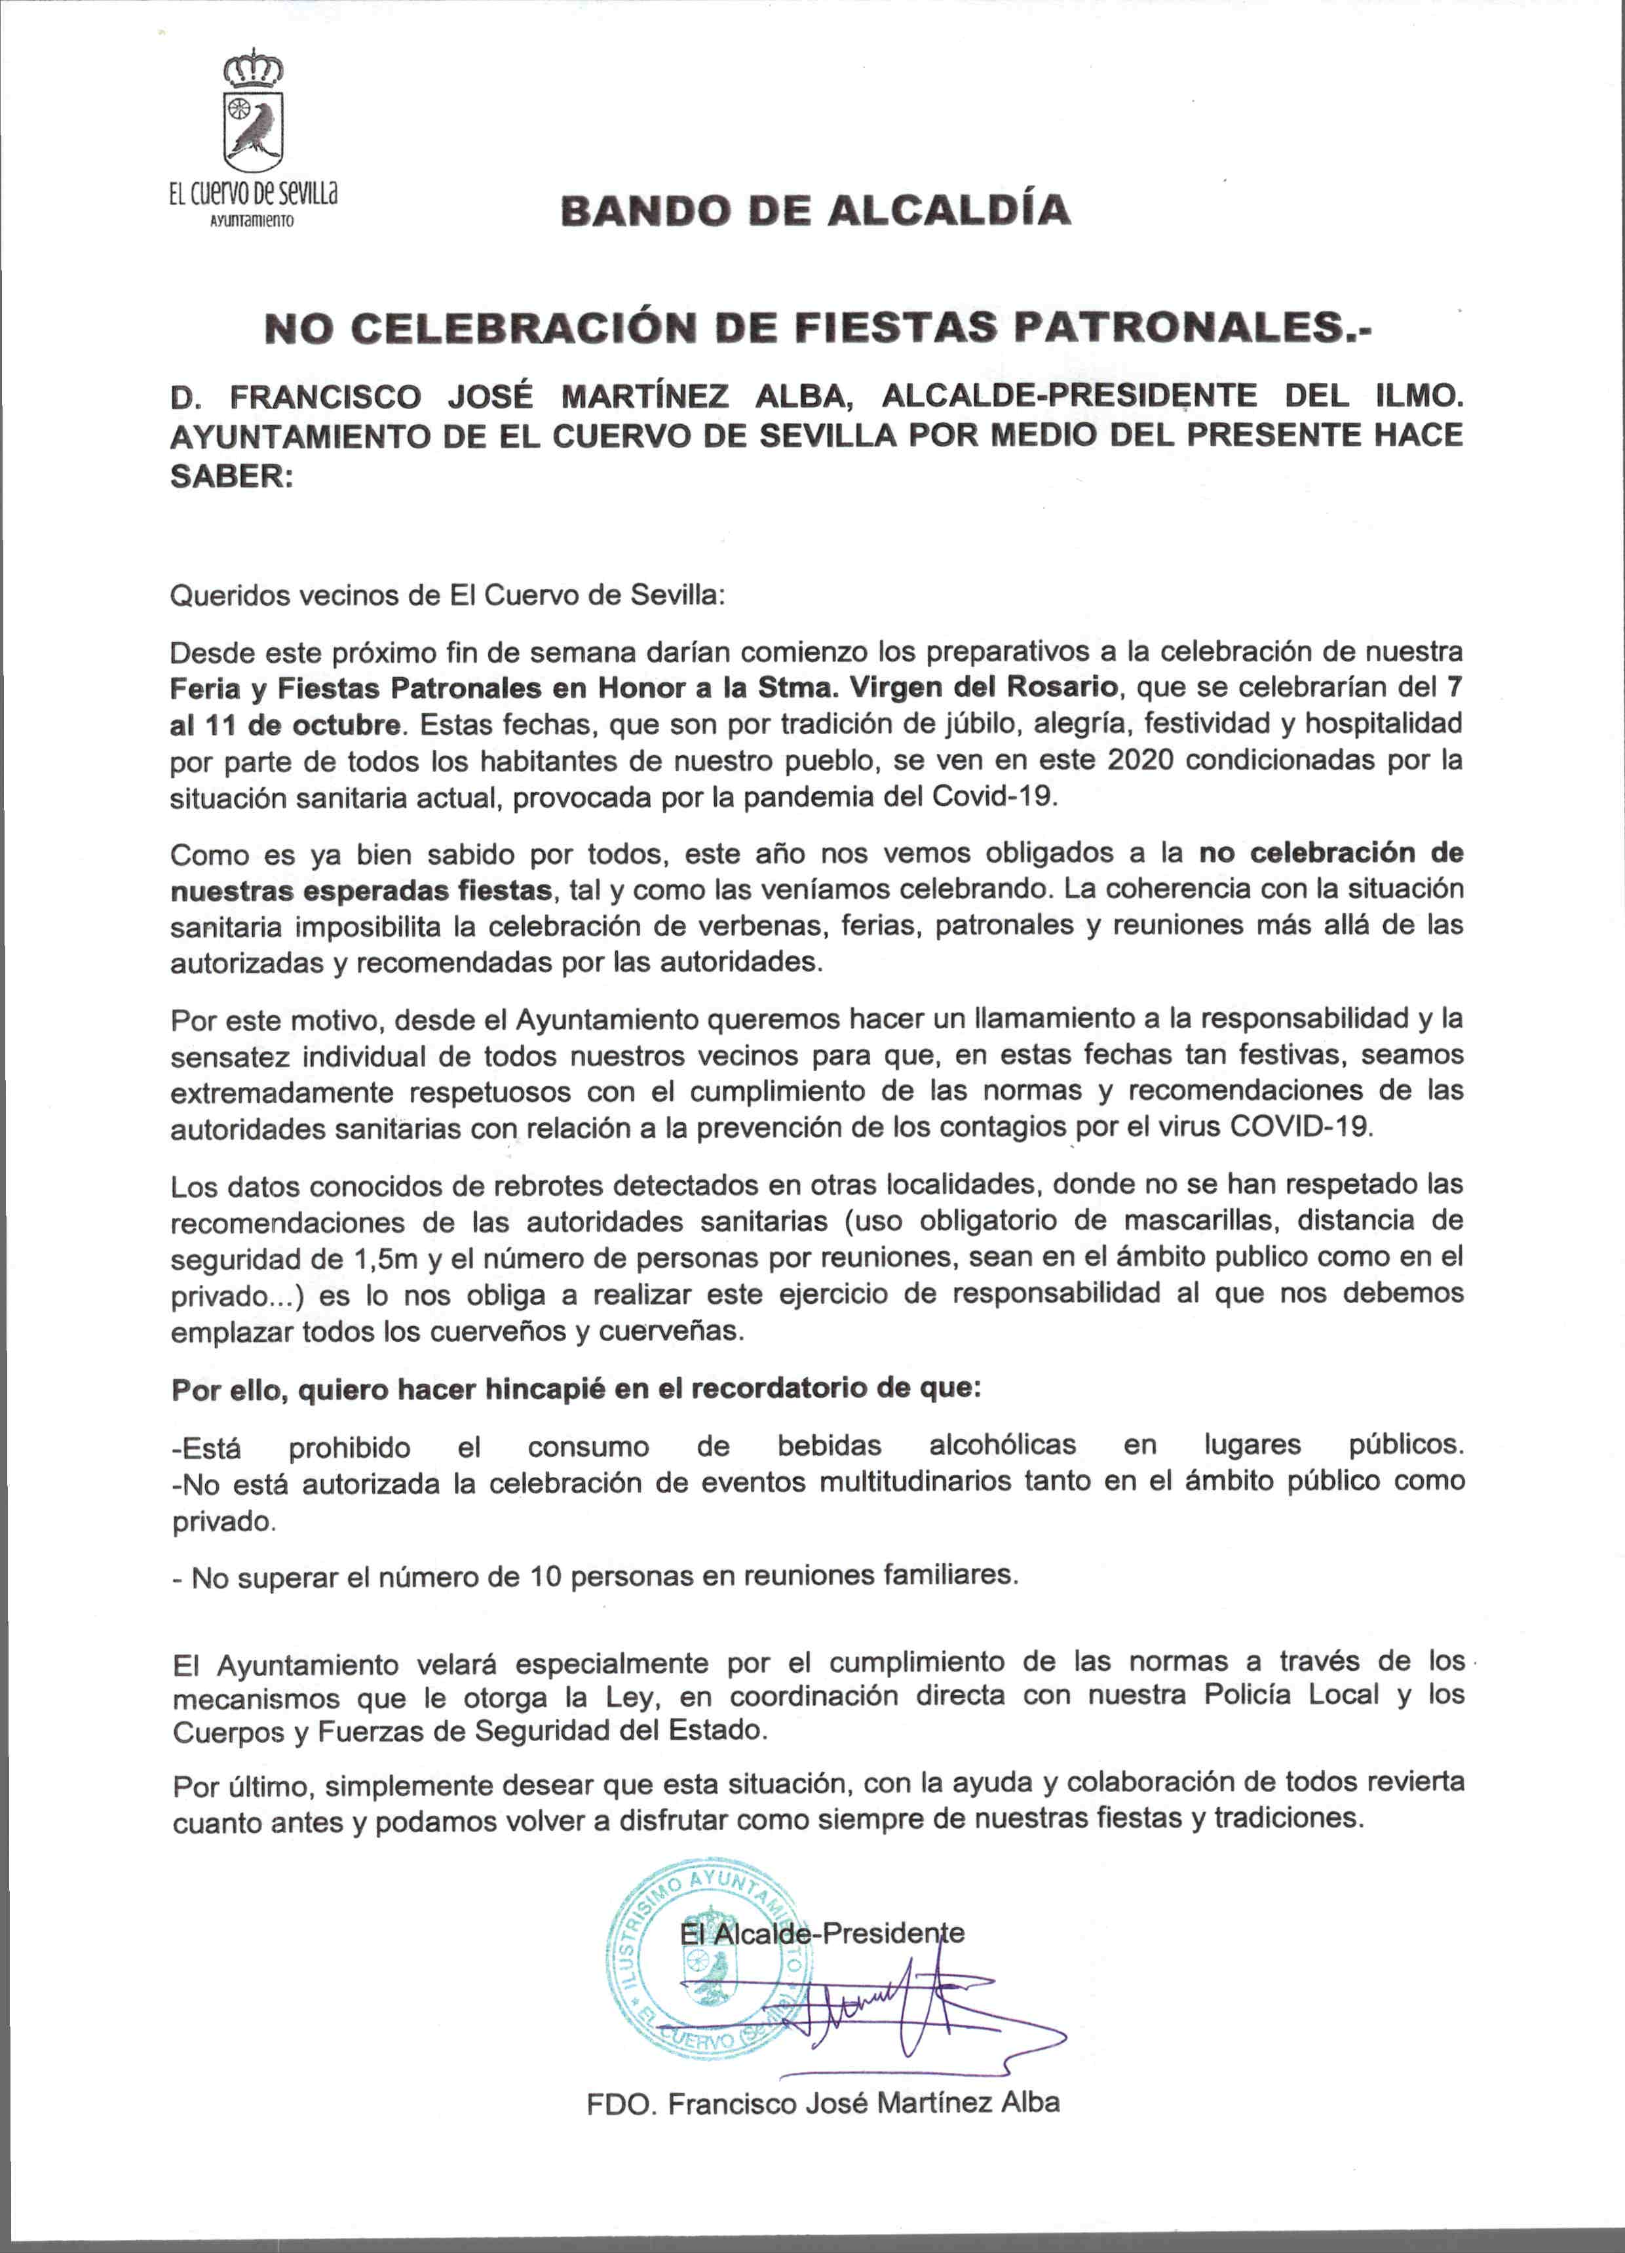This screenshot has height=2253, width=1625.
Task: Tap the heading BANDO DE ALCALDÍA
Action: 814,210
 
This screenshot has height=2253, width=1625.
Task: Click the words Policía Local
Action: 1291,1694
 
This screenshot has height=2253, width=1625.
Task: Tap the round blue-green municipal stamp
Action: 709,1970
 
